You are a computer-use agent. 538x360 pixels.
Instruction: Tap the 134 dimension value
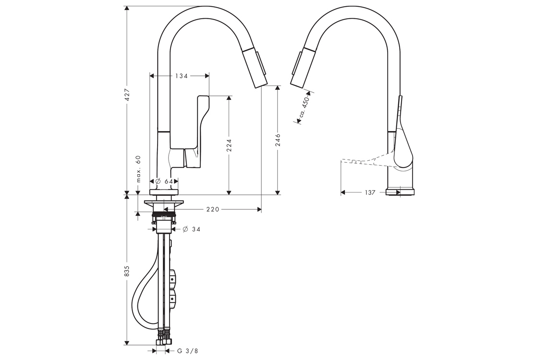(x=181, y=76)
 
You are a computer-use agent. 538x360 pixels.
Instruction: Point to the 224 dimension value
(x=229, y=146)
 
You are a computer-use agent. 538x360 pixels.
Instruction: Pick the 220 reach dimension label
(x=213, y=209)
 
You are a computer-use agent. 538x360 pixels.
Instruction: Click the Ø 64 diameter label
(x=164, y=181)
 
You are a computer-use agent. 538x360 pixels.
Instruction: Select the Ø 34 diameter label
(x=192, y=229)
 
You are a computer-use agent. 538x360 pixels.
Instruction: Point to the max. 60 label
(x=138, y=168)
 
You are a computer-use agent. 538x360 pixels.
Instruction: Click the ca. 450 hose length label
(x=303, y=108)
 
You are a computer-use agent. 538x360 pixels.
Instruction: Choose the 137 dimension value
(x=370, y=192)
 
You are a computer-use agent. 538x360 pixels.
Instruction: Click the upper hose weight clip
(x=173, y=278)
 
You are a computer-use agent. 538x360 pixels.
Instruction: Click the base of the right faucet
(x=400, y=192)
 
